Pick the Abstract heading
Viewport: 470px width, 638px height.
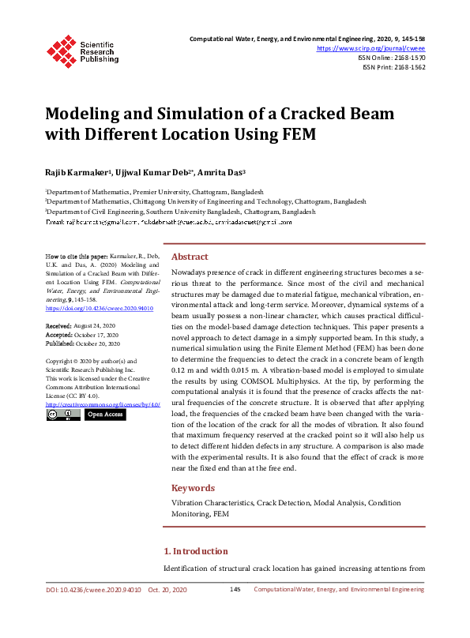coord(190,257)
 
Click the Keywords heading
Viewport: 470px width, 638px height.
coord(193,488)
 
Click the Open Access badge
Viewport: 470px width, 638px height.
coord(105,414)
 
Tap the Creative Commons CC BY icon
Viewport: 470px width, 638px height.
coord(62,414)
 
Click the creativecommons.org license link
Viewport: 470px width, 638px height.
coord(102,403)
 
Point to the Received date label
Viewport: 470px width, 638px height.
coord(58,326)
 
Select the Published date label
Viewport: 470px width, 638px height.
coord(60,344)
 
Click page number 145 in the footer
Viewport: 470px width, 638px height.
coord(235,590)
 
